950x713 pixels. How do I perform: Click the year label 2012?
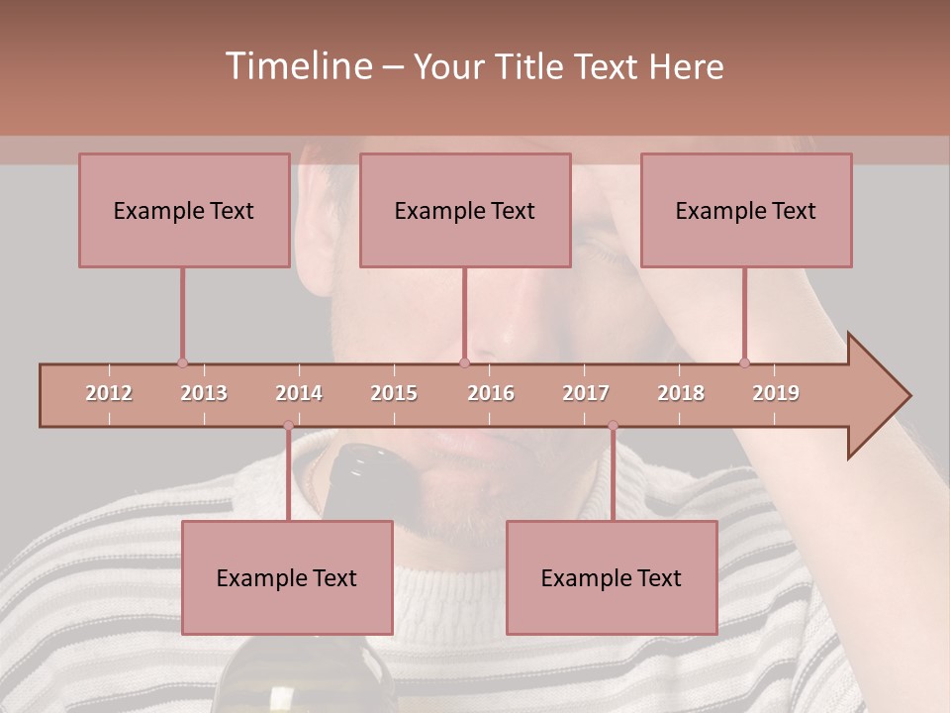coord(109,393)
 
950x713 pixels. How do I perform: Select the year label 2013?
coord(204,393)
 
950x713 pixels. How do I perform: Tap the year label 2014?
coord(299,393)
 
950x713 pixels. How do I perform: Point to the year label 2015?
coord(394,393)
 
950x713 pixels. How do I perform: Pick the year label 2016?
coord(491,393)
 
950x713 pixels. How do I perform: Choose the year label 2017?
coord(586,393)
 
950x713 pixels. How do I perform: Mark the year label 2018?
coord(681,393)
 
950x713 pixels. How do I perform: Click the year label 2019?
coord(776,393)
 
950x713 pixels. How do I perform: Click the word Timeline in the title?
coord(297,66)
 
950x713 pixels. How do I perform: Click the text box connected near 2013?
coord(184,210)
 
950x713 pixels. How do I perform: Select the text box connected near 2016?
coord(465,210)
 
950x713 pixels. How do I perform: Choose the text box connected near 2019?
coord(746,210)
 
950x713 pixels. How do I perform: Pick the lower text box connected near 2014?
coord(287,577)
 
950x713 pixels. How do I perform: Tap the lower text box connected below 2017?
coord(612,577)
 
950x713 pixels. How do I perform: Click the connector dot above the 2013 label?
coord(182,362)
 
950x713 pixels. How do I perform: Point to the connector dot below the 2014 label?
coord(288,426)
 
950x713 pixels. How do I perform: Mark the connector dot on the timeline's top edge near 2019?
coord(744,362)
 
